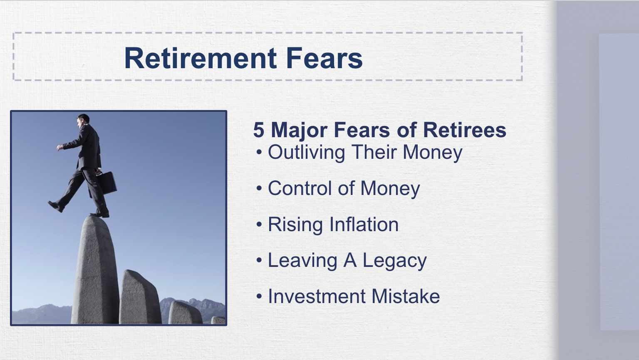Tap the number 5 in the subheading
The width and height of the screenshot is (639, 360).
(258, 130)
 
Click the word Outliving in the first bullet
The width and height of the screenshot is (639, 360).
(306, 152)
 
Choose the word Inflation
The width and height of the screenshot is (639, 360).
(364, 224)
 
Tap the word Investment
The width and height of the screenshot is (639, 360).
(317, 296)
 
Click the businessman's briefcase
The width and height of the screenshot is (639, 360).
(107, 183)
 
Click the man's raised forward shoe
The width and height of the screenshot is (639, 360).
(56, 206)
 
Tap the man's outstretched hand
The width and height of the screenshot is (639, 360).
(60, 147)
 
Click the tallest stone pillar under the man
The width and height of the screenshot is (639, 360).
(95, 270)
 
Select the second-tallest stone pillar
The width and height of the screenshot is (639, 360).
(139, 297)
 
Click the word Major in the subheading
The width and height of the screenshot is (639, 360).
(299, 130)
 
